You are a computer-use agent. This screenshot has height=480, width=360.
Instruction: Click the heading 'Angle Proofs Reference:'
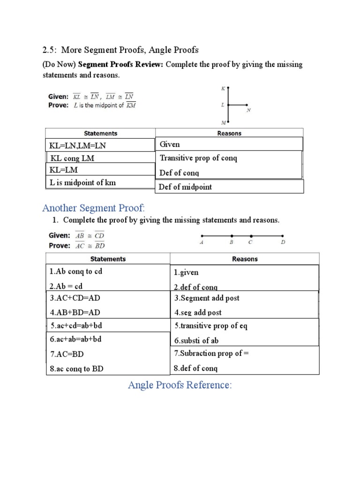coord(180,385)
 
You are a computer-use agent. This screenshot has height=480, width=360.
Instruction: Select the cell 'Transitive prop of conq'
coord(199,158)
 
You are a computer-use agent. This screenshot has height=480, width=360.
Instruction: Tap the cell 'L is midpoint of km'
coord(83,183)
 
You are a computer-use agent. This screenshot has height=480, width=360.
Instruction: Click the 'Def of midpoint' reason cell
coord(186,187)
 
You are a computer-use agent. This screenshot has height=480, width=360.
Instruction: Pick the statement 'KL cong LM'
coord(73,158)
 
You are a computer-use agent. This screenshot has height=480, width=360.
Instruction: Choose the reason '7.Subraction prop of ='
coord(211,353)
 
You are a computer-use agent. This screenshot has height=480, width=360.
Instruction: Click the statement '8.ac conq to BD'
coord(77,369)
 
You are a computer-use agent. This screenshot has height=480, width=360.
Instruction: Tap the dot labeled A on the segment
coord(202,236)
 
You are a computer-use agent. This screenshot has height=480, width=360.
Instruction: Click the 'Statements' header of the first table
coord(100,133)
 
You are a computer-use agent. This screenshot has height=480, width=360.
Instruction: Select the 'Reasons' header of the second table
coord(244,259)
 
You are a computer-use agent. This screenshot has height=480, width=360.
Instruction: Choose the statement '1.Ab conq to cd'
coord(76,271)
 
